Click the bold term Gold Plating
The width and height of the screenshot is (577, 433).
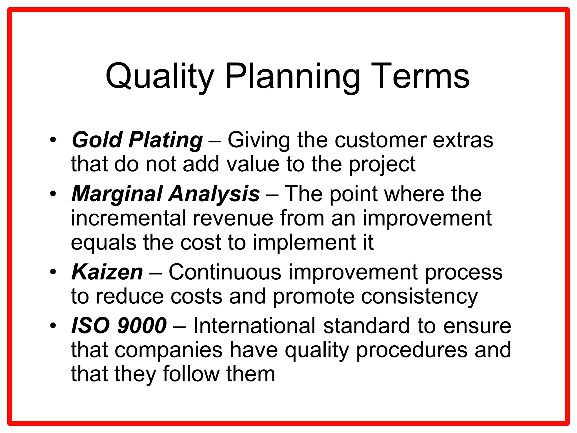tap(137, 140)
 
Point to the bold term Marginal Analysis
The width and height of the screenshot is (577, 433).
tap(166, 194)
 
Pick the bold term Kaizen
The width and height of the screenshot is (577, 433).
tap(107, 272)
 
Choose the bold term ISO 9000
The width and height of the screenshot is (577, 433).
tap(119, 326)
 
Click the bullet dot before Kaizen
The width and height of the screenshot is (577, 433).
tap(53, 273)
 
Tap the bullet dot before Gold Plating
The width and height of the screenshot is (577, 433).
tap(53, 140)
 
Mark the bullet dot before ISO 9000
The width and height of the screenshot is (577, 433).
tap(53, 326)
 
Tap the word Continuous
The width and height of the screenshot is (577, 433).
tap(225, 272)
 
